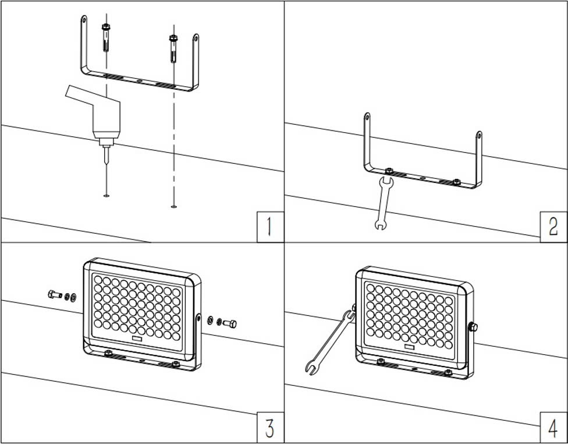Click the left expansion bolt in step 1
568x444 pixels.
click(106, 37)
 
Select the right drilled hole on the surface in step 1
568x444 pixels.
click(173, 206)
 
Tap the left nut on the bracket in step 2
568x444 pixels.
click(389, 171)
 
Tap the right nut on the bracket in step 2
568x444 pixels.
click(457, 181)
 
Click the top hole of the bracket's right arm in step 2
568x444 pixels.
click(479, 135)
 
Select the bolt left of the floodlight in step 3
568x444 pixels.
click(55, 295)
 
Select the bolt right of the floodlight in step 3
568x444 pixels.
click(229, 323)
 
